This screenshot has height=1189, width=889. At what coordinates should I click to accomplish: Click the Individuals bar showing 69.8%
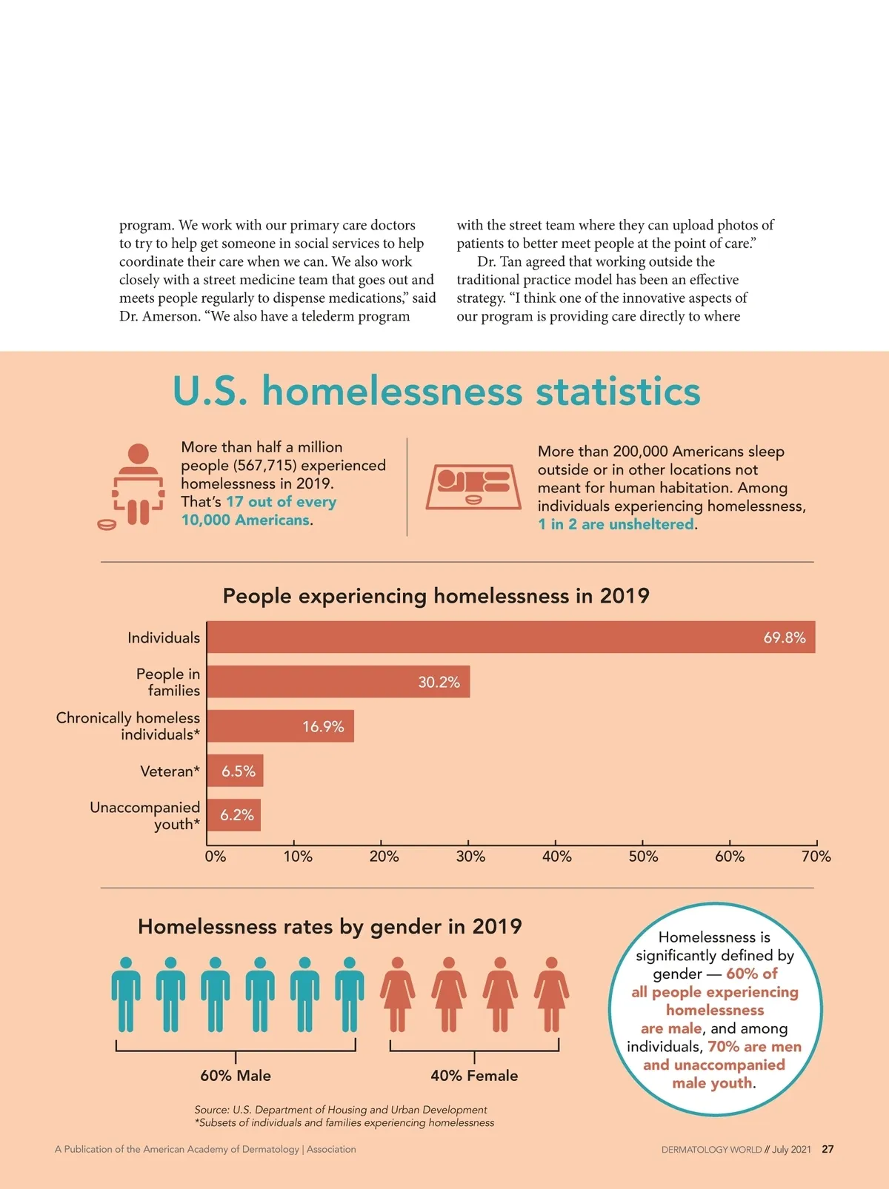(510, 637)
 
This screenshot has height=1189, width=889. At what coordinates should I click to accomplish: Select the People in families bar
(338, 682)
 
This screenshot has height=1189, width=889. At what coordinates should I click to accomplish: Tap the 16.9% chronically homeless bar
(280, 726)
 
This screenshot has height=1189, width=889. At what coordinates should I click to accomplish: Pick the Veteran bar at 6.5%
(235, 771)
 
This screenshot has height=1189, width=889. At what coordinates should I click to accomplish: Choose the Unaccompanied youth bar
(233, 815)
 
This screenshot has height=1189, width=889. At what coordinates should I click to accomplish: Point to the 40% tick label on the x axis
(557, 857)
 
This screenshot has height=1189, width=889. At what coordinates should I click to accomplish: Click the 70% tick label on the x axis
(816, 857)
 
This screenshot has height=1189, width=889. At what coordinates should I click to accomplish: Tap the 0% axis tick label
(216, 857)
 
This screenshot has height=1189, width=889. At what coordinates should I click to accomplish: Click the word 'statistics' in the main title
(618, 392)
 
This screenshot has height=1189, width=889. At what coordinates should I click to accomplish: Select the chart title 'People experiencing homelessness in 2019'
(436, 596)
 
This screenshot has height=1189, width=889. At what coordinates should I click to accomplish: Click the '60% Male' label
(236, 1076)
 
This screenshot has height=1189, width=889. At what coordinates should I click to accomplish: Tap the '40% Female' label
(474, 1076)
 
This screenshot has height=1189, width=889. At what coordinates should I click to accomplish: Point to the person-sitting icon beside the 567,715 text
(137, 486)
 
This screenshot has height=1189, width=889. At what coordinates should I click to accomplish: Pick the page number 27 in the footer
(828, 1150)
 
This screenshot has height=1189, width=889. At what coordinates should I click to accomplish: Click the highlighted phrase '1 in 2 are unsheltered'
(616, 524)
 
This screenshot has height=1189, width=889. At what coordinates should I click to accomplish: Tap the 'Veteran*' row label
(170, 771)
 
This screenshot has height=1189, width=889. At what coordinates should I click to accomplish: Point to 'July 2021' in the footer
(791, 1150)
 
